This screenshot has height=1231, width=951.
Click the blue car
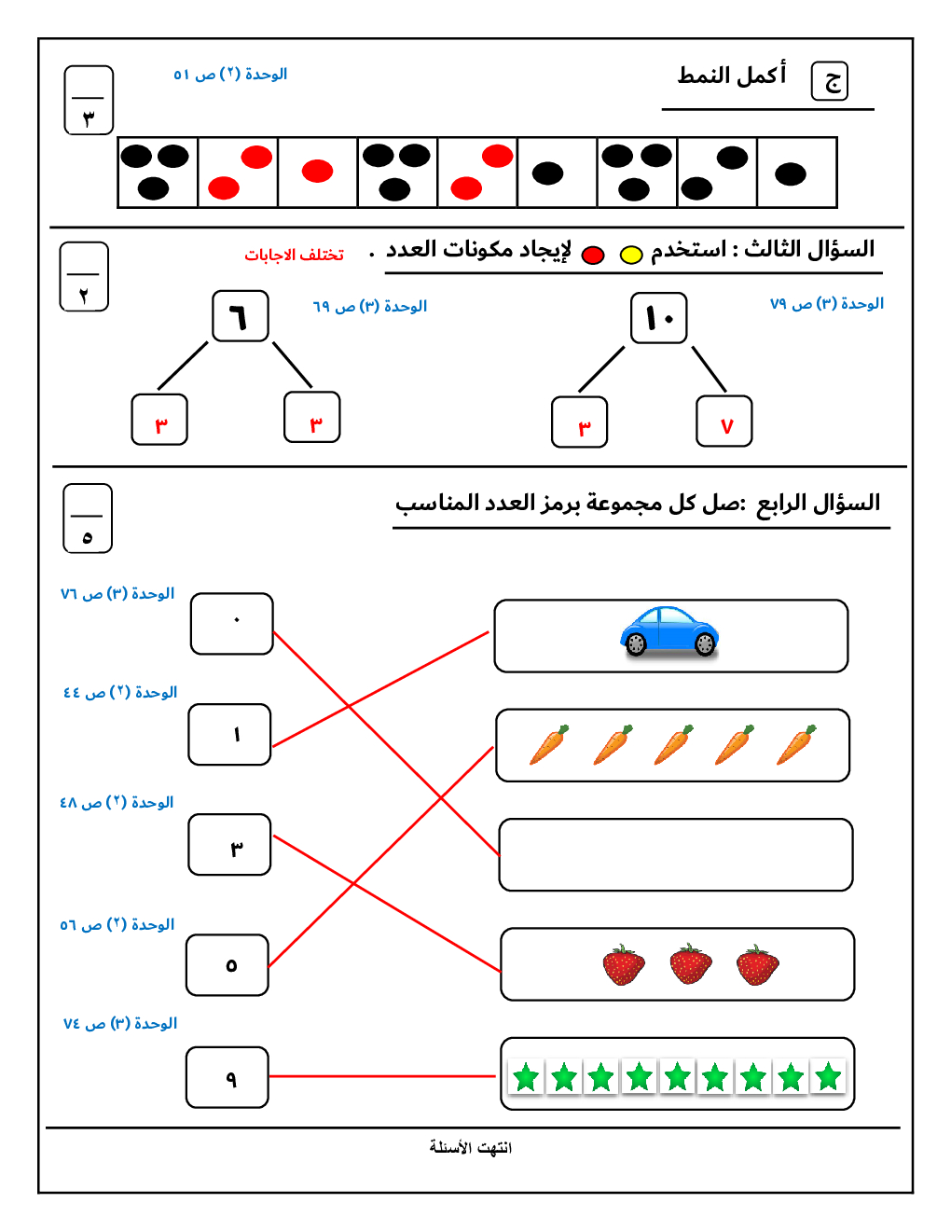pyautogui.click(x=669, y=632)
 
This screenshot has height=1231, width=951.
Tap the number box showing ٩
pyautogui.click(x=227, y=1077)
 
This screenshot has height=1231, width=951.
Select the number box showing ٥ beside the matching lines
pyautogui.click(x=227, y=965)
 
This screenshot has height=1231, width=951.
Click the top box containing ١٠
pyautogui.click(x=659, y=318)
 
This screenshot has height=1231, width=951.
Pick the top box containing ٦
pyautogui.click(x=241, y=316)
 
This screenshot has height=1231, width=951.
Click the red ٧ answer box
pyautogui.click(x=724, y=422)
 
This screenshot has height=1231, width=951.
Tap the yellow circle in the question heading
pyautogui.click(x=631, y=255)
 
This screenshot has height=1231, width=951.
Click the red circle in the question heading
pyautogui.click(x=593, y=255)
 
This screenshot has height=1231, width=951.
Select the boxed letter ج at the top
pyautogui.click(x=830, y=81)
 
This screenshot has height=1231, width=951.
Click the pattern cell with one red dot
pyautogui.click(x=318, y=172)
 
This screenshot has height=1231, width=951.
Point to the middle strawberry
pyautogui.click(x=691, y=964)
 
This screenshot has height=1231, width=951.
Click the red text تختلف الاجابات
pyautogui.click(x=294, y=255)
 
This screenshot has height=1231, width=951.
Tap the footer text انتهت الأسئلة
pyautogui.click(x=471, y=1147)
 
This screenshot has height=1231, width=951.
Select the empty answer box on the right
pyautogui.click(x=676, y=855)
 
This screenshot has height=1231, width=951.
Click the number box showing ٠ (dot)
pyautogui.click(x=232, y=623)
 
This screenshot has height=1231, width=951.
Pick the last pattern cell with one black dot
pyautogui.click(x=797, y=173)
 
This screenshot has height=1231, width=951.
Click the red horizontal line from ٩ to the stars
pyautogui.click(x=382, y=1076)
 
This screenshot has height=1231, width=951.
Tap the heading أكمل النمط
pyautogui.click(x=732, y=75)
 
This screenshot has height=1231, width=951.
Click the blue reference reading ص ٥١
pyautogui.click(x=230, y=74)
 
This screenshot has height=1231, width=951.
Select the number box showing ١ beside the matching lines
pyautogui.click(x=230, y=735)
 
